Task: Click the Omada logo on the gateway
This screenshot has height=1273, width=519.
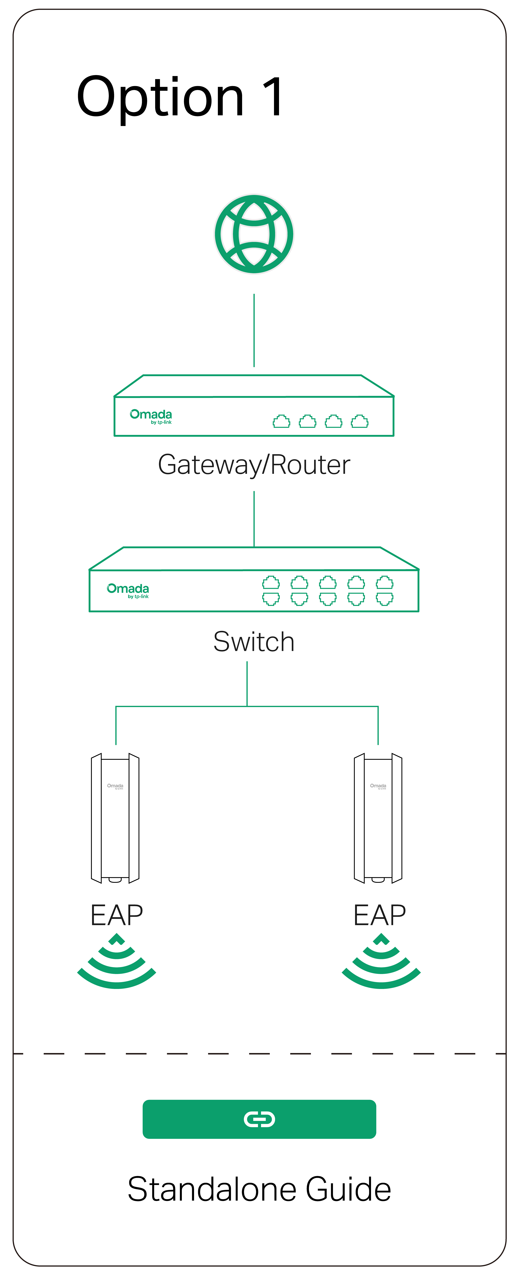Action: pyautogui.click(x=151, y=416)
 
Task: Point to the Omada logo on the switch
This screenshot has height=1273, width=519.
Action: pyautogui.click(x=128, y=590)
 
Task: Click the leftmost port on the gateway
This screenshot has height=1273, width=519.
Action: pyautogui.click(x=281, y=421)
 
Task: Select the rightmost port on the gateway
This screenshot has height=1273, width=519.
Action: pyautogui.click(x=359, y=421)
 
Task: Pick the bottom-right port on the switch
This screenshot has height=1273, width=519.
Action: pyautogui.click(x=385, y=599)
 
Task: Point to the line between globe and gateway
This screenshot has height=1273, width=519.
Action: pyautogui.click(x=254, y=330)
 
